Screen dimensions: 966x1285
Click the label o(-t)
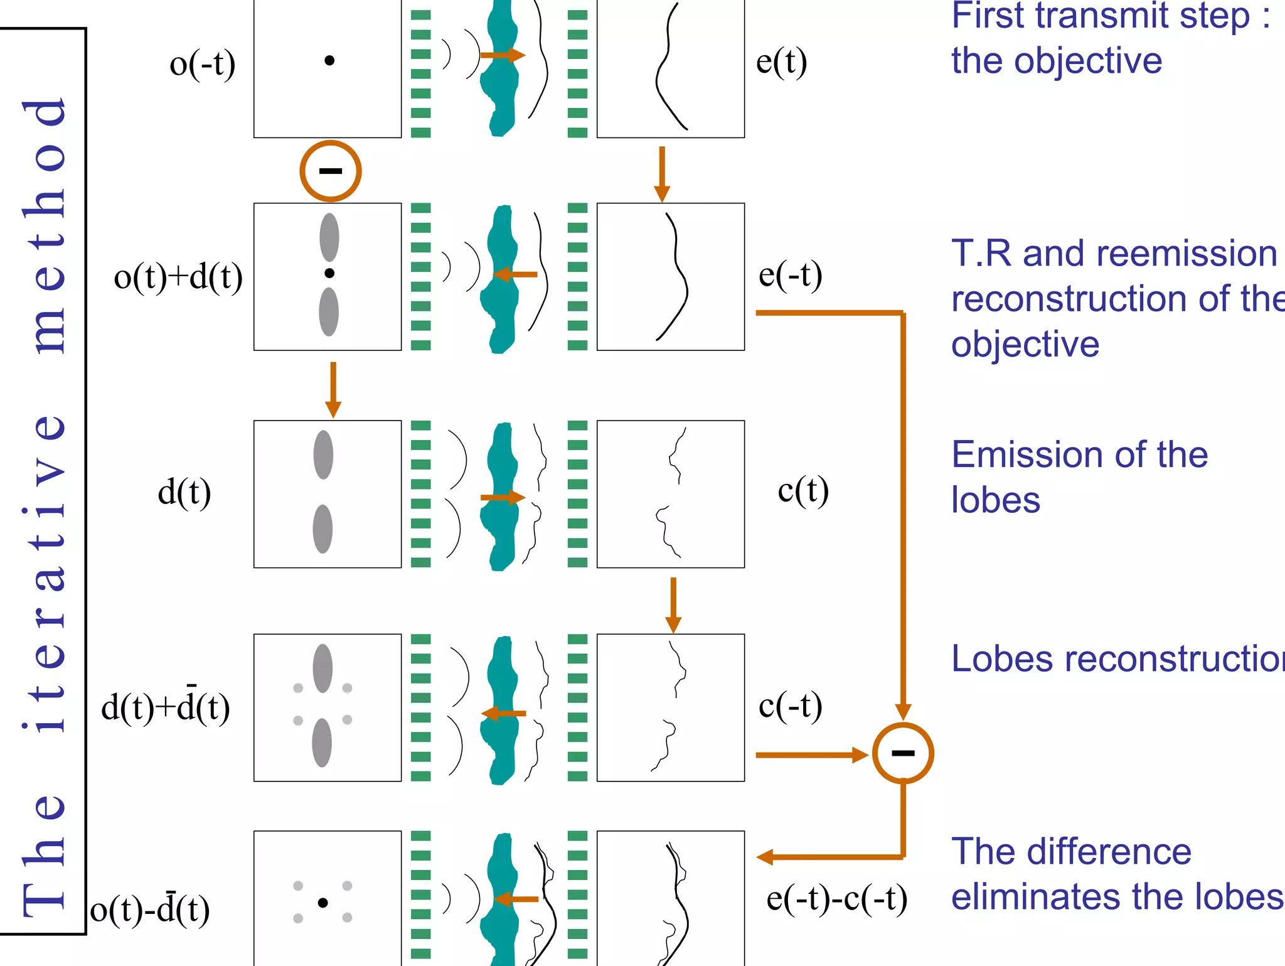pyautogui.click(x=202, y=64)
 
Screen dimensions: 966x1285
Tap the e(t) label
pyautogui.click(x=781, y=62)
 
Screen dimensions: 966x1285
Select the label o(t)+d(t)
pyautogui.click(x=178, y=277)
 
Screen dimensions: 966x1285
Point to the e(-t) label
pyautogui.click(x=790, y=275)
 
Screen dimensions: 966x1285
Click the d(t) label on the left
pyautogui.click(x=184, y=491)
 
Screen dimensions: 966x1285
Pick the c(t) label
pyautogui.click(x=803, y=490)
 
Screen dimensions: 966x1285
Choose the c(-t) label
pyautogui.click(x=790, y=706)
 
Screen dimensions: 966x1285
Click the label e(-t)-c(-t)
pyautogui.click(x=836, y=898)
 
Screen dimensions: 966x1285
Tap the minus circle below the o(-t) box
pyautogui.click(x=330, y=171)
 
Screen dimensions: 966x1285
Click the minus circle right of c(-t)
pyautogui.click(x=903, y=753)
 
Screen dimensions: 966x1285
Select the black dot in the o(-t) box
pyautogui.click(x=329, y=60)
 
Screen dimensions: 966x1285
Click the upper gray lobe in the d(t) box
pyautogui.click(x=323, y=454)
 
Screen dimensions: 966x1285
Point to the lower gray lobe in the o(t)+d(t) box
pyautogui.click(x=329, y=311)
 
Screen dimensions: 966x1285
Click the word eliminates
pyautogui.click(x=1067, y=896)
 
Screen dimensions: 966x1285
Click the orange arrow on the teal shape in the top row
pyautogui.click(x=502, y=55)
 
